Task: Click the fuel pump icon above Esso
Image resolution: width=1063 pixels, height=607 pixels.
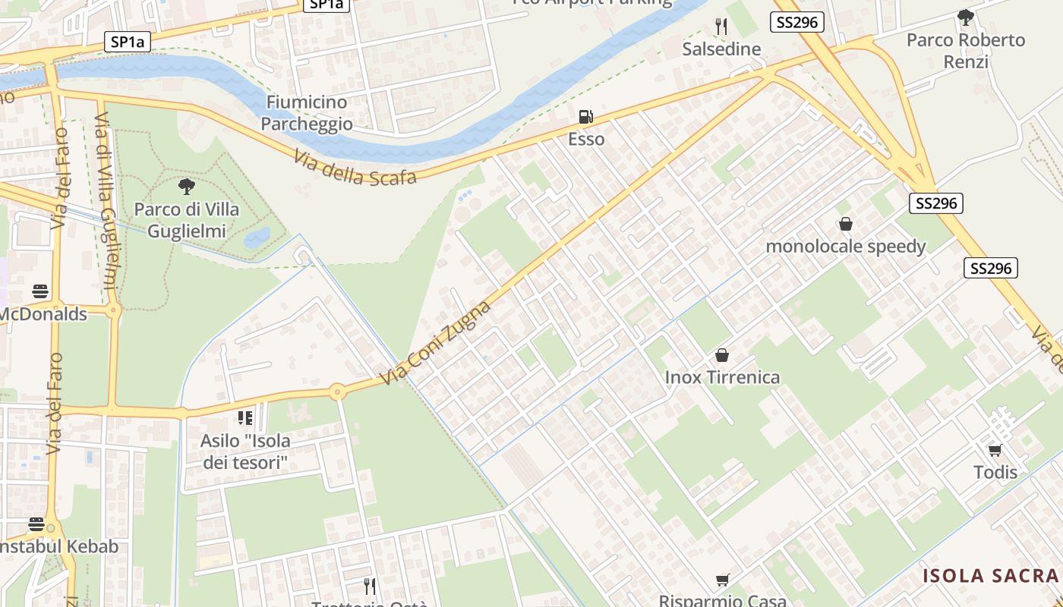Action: point(585,117)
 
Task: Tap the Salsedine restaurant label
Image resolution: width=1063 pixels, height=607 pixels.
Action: point(721,49)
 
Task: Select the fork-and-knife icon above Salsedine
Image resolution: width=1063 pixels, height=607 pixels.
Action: point(721,27)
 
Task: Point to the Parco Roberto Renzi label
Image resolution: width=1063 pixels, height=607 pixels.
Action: point(966,50)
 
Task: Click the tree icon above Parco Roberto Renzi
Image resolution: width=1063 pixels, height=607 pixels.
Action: point(966,17)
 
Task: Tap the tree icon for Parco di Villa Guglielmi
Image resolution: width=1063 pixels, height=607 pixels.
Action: point(186,187)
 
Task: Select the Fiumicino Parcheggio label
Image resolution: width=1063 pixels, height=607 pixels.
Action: point(307,112)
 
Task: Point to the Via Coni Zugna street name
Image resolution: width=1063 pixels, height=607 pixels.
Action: point(436,342)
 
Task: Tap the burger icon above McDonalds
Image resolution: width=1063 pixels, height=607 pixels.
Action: point(40,291)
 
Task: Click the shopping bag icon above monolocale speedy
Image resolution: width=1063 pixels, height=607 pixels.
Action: point(846,225)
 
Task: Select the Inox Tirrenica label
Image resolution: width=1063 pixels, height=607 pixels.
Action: point(722,377)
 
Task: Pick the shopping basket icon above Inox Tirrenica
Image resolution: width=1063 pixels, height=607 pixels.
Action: point(722,355)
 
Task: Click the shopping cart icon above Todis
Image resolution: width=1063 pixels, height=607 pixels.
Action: point(995,450)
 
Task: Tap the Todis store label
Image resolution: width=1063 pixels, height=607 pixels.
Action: point(995,472)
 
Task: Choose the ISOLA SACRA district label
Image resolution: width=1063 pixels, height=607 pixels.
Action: point(990,576)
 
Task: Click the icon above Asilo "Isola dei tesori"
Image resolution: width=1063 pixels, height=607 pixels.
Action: point(244,418)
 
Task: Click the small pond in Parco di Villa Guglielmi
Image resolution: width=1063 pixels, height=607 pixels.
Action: point(257,237)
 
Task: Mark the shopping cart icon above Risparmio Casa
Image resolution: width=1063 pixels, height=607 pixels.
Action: point(723,580)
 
